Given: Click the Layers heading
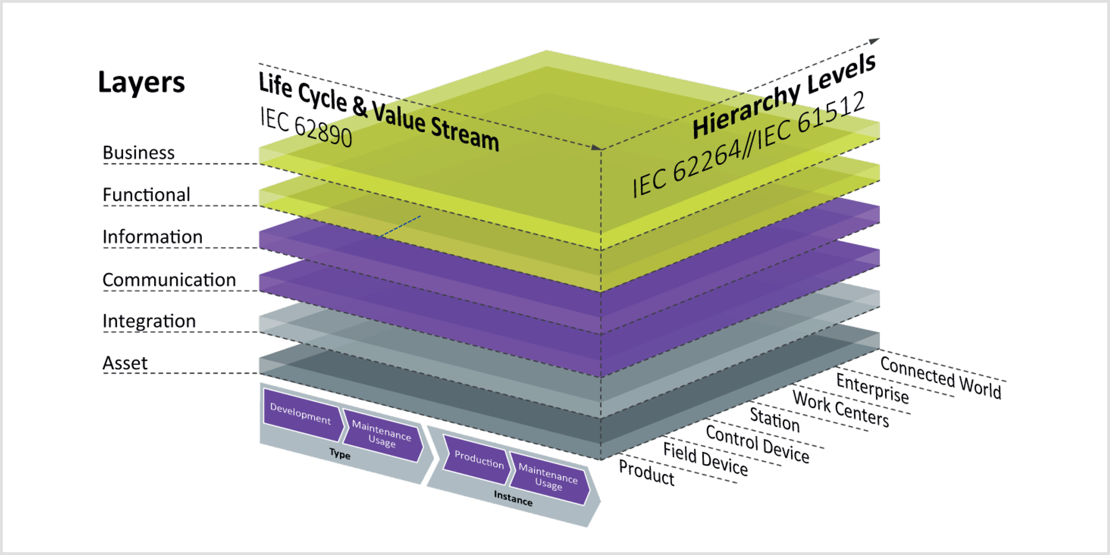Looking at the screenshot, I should point(141,83).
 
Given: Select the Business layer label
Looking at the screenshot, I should point(139,153).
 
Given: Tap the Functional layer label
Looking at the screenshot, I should point(147,195).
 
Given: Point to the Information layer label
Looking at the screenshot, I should point(153,237).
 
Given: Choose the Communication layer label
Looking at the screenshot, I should point(169,280).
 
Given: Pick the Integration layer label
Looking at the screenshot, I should point(149,321).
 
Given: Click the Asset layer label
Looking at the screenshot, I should point(125,363).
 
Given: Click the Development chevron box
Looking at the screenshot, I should point(300,414).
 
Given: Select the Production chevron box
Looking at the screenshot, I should point(478,460).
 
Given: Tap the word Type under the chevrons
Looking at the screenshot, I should point(340,454).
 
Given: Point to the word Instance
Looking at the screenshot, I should point(513,498).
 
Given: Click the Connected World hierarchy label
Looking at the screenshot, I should point(941,377).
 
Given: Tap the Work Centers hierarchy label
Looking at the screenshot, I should point(841,408).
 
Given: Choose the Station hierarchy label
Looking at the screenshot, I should point(775,419).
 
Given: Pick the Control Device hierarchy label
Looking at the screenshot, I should point(758,444).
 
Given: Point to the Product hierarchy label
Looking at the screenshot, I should point(647,473).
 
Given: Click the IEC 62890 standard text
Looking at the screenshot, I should point(306,128).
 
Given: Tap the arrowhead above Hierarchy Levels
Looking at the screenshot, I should point(874,41).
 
